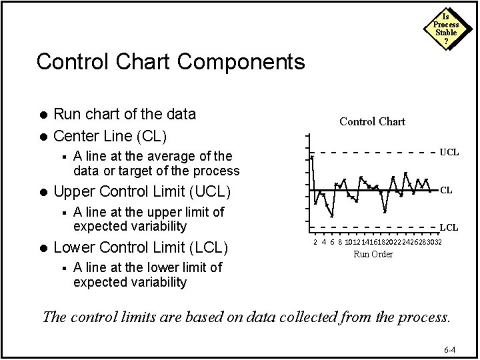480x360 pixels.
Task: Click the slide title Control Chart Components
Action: click(171, 62)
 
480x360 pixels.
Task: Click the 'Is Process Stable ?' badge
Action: click(446, 29)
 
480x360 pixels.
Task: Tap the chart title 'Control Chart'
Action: click(372, 121)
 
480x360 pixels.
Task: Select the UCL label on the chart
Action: click(449, 152)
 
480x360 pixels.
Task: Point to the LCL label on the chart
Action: click(449, 227)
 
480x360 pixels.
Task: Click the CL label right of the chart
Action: click(445, 190)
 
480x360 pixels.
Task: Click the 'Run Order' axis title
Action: click(373, 254)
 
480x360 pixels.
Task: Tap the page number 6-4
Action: click(450, 349)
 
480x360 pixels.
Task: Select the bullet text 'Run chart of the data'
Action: click(124, 114)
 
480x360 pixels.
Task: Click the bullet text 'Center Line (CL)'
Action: click(110, 137)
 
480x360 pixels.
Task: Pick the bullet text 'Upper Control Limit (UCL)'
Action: click(141, 193)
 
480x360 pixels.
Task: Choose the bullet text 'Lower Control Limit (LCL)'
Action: click(141, 249)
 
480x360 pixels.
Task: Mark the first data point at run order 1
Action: click(312, 157)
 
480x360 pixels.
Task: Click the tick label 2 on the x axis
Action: click(315, 242)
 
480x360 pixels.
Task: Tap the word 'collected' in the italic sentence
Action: click(287, 316)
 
